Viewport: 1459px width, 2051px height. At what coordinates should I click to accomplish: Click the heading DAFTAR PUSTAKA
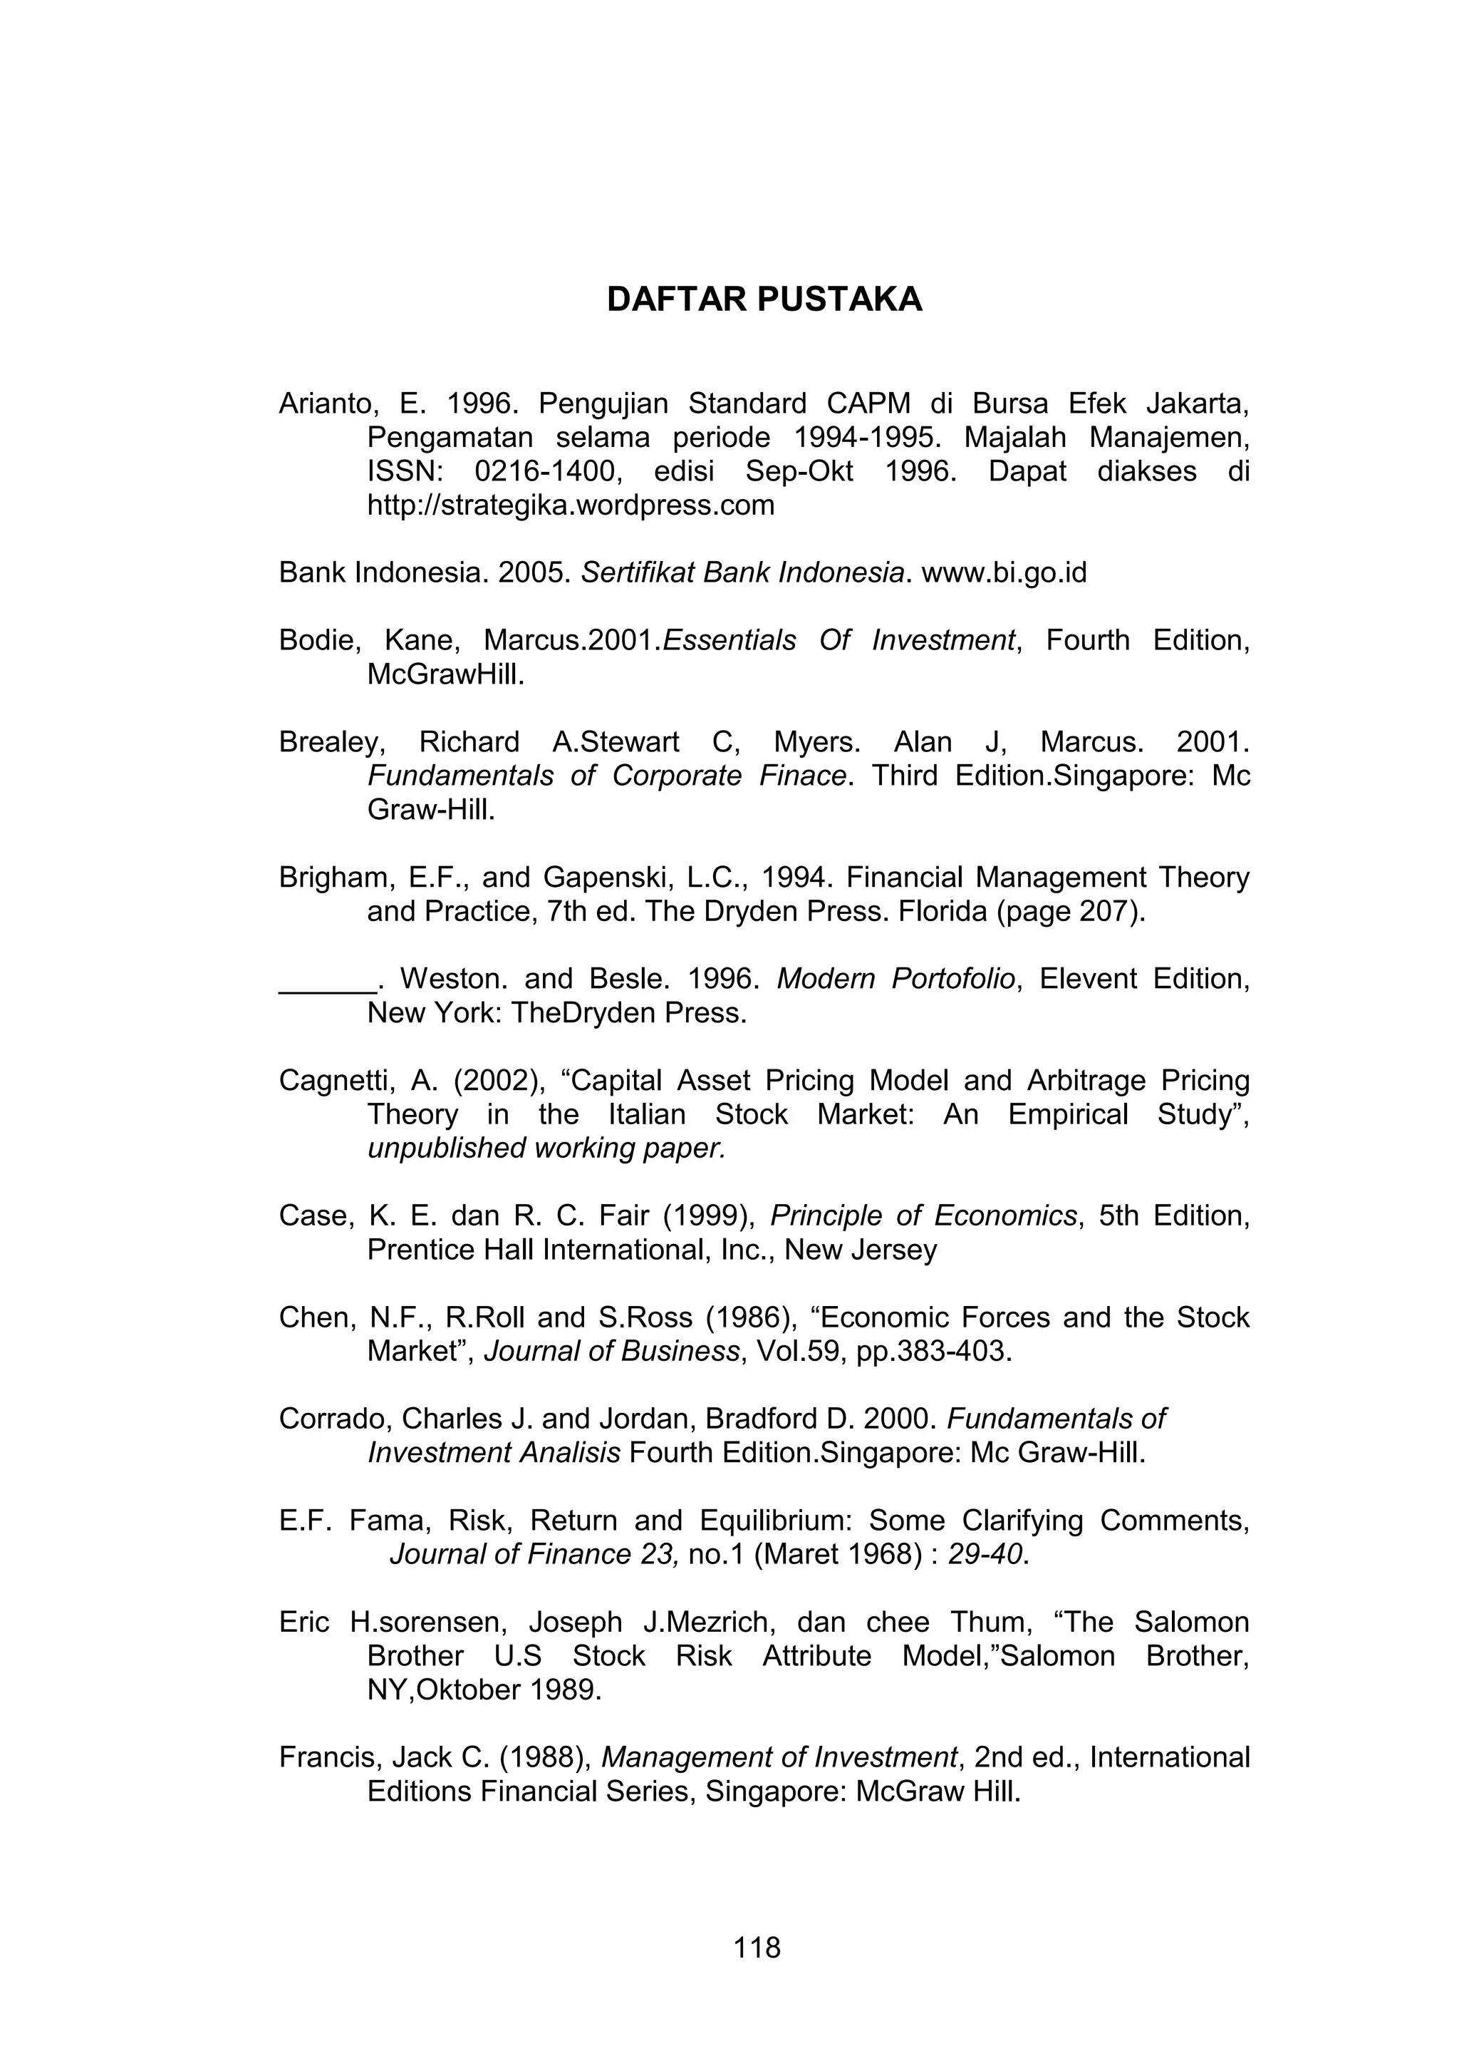pos(764,299)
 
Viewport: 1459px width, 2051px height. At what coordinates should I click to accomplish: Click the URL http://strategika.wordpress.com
pos(571,505)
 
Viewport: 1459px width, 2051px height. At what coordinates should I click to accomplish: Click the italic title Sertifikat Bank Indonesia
pos(741,572)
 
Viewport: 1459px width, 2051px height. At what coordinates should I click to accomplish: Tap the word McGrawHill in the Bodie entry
pos(445,674)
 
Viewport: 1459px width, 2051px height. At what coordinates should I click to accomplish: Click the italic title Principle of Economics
pos(923,1216)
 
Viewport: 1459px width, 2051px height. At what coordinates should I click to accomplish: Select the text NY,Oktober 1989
pos(483,1690)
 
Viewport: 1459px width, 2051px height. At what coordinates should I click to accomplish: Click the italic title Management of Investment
pos(779,1757)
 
